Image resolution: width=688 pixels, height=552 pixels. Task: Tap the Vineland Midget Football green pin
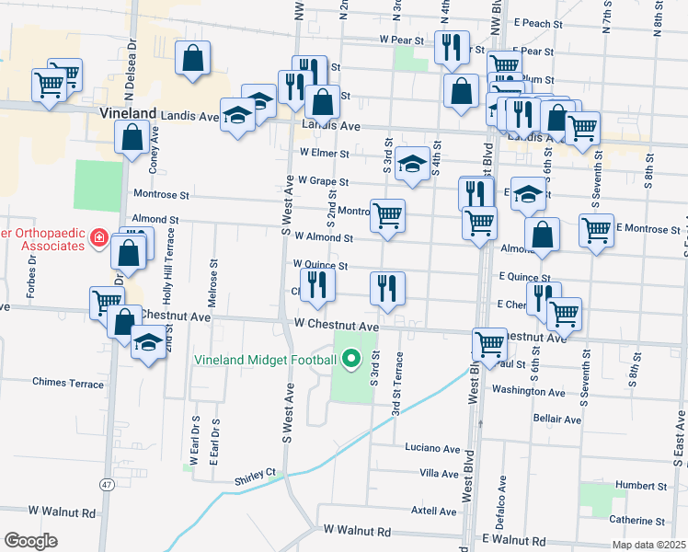352,359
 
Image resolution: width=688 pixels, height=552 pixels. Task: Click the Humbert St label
642,485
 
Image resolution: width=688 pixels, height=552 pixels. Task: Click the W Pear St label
401,40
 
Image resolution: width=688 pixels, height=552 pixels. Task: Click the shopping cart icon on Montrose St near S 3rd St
387,216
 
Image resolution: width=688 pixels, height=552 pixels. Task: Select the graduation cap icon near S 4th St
413,163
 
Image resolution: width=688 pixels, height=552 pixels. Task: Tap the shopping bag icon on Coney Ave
132,137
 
